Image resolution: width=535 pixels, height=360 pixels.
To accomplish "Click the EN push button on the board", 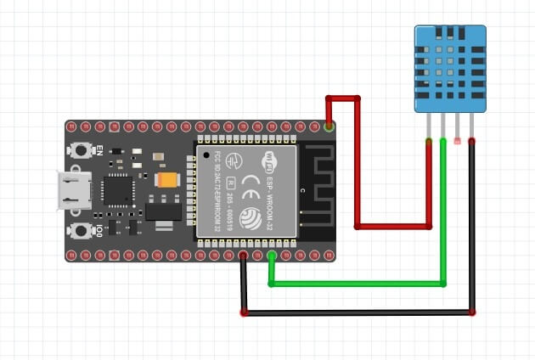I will (x=82, y=150).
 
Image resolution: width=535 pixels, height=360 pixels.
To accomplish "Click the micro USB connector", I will (x=75, y=190).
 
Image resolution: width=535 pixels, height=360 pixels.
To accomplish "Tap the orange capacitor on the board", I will (x=168, y=180).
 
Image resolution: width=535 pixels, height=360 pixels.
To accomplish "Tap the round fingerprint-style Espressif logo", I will (x=251, y=217).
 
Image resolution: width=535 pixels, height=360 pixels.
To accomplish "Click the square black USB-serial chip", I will (x=116, y=190).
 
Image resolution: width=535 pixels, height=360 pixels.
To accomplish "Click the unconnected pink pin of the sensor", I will (x=458, y=138).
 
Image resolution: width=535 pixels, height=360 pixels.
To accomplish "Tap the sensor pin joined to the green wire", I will (x=443, y=138).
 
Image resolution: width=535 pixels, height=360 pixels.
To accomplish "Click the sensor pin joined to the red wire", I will (x=429, y=138).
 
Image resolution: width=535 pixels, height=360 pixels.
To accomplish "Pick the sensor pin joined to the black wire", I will (x=471, y=138).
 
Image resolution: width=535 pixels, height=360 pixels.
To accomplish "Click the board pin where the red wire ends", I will (x=329, y=127).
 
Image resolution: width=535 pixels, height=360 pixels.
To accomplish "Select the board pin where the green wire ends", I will (x=272, y=255).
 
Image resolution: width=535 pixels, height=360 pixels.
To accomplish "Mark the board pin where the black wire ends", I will (x=244, y=255).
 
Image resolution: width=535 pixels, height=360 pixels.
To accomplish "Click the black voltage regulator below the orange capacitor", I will (x=164, y=208).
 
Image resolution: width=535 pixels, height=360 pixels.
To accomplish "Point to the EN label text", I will (x=99, y=150).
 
